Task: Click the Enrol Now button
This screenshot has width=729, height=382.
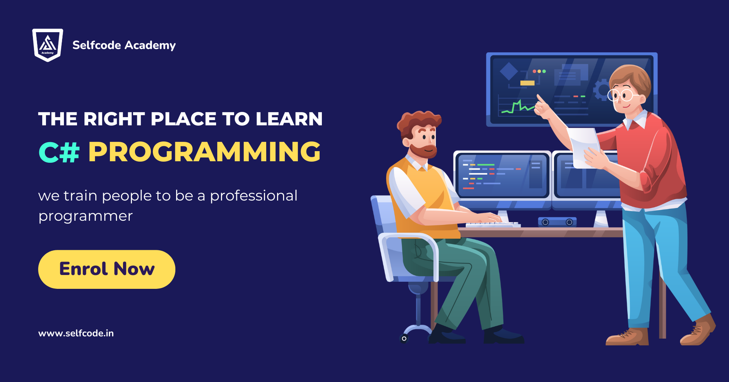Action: (x=107, y=269)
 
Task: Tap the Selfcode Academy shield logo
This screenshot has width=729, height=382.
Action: (x=47, y=45)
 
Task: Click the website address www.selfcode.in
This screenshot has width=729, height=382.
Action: (x=76, y=333)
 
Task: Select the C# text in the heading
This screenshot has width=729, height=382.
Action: (x=59, y=152)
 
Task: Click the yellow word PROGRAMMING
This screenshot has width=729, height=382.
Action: (x=204, y=152)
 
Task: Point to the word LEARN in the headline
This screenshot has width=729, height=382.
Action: (x=289, y=119)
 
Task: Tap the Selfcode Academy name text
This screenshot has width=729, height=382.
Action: (x=124, y=45)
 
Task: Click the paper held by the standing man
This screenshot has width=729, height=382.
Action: (x=585, y=147)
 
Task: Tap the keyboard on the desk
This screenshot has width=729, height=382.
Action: (x=493, y=224)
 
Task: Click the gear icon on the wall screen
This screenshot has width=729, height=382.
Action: (x=601, y=90)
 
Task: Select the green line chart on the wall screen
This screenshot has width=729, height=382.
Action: (x=518, y=107)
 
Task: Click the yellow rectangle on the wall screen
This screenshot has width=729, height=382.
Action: (x=527, y=83)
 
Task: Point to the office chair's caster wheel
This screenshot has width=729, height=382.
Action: (x=404, y=339)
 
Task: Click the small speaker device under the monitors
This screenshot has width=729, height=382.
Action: (x=557, y=222)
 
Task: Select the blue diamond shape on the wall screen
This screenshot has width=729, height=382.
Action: (x=509, y=71)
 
